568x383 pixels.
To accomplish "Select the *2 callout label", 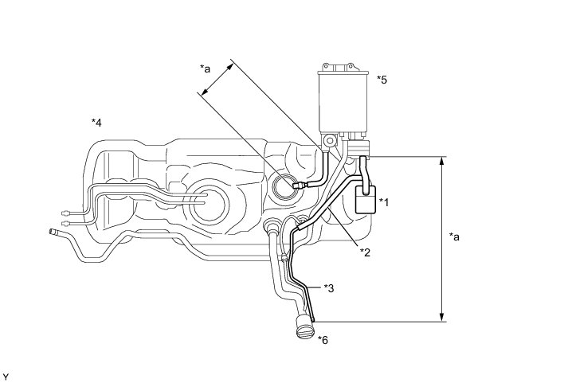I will tap(365, 252).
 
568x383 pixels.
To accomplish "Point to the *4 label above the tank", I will tap(96, 123).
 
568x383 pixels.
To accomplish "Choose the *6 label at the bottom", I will tap(323, 340).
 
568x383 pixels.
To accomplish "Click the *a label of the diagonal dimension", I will tap(206, 69).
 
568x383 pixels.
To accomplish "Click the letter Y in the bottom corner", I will tap(6, 375).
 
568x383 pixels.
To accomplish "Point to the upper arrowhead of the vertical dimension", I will tap(441, 160).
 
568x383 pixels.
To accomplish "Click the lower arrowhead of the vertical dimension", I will tap(441, 318).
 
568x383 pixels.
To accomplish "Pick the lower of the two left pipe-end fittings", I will tap(65, 225).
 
